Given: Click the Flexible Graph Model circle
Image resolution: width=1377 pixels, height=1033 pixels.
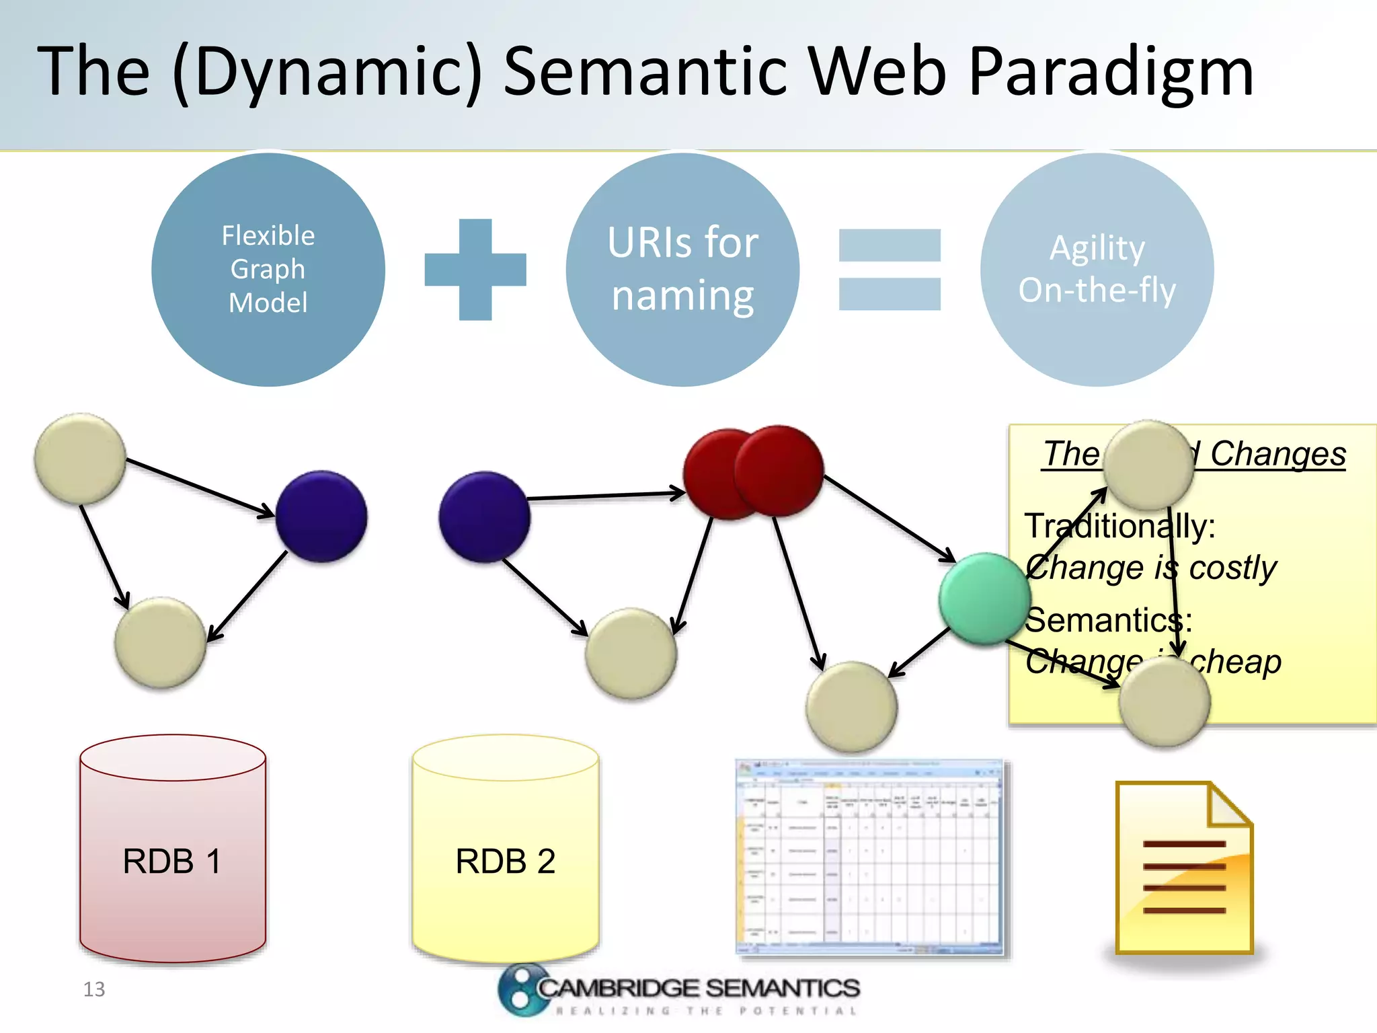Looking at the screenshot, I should click(268, 269).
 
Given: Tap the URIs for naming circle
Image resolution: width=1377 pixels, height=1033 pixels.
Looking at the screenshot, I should click(682, 269).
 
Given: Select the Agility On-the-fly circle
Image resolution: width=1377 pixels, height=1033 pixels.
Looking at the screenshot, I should click(1097, 269).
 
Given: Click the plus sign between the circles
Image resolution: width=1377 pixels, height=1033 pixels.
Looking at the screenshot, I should click(475, 269).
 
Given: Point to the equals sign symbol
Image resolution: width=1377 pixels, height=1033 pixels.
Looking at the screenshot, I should click(890, 269).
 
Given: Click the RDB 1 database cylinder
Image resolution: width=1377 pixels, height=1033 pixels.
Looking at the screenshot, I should click(173, 861).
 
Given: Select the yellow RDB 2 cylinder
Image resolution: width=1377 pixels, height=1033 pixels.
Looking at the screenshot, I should click(505, 861).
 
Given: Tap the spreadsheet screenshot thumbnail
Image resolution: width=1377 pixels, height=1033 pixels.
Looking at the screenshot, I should click(870, 857).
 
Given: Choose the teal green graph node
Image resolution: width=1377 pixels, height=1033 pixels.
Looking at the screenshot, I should click(984, 599).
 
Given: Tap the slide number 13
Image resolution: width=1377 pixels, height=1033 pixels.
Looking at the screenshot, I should click(94, 989).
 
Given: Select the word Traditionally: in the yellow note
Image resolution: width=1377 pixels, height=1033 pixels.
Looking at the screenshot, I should click(1119, 526).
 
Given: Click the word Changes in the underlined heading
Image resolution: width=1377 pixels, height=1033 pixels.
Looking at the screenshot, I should click(1277, 454).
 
